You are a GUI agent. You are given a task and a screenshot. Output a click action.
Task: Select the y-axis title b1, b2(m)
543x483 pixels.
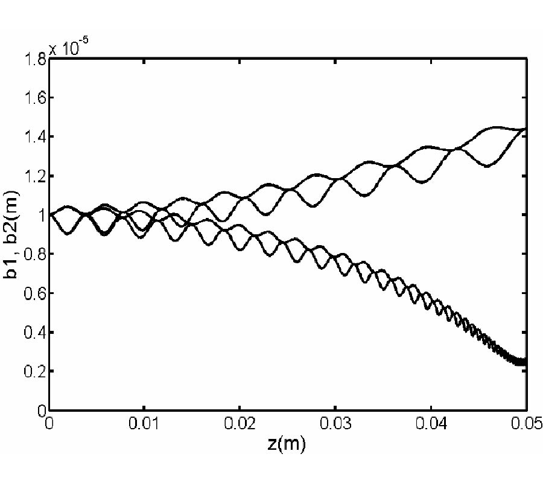13,234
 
